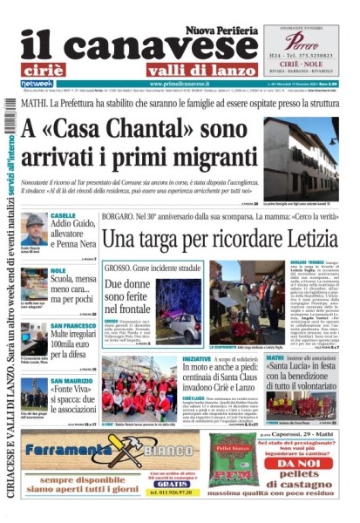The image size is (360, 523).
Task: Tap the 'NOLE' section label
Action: click(x=58, y=271)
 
